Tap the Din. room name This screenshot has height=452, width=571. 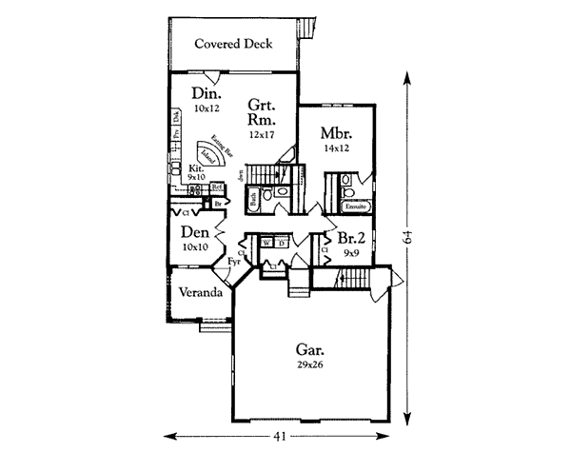point(207,94)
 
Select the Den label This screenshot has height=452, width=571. point(194,231)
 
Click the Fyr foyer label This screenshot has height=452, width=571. point(233,260)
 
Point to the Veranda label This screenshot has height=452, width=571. point(196,292)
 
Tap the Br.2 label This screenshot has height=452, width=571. point(340,241)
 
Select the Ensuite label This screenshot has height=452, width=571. point(356,206)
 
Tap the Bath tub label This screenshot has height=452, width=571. point(254,200)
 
